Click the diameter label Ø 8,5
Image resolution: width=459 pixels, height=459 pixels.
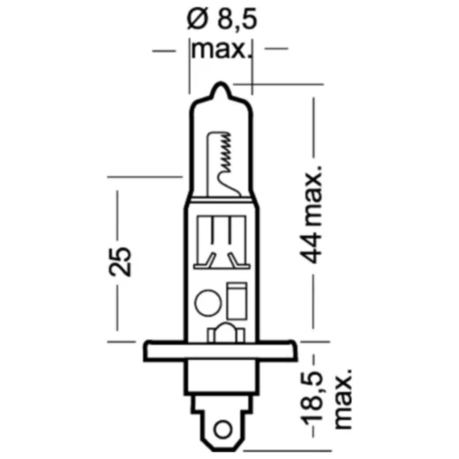click(220, 19)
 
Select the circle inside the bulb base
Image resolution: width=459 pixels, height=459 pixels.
click(206, 301)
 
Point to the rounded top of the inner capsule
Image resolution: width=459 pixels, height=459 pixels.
click(222, 132)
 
